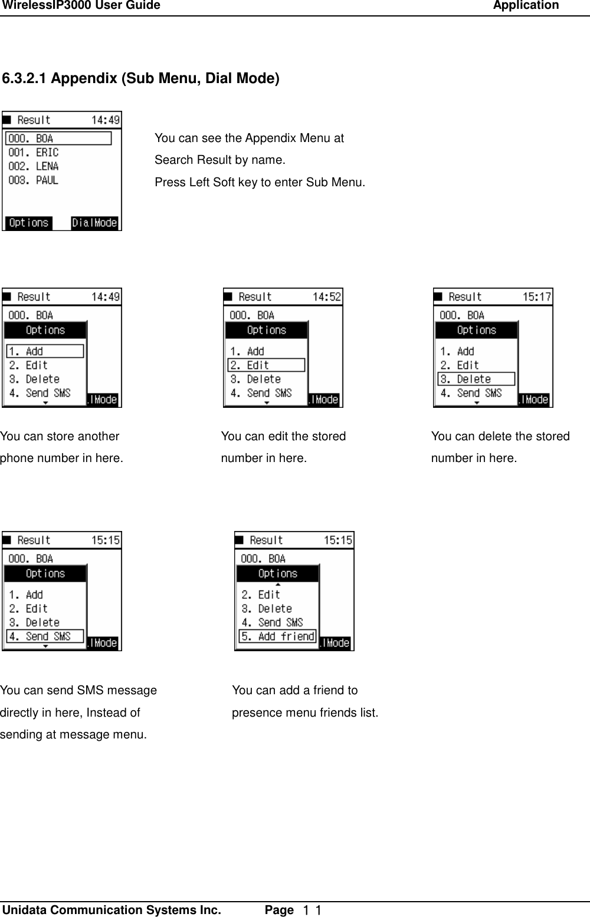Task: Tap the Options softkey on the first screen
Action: (x=28, y=223)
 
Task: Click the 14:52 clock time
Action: (x=326, y=297)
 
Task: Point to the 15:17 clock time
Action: (x=536, y=297)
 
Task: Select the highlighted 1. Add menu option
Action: (x=45, y=351)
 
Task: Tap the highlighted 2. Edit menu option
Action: (x=266, y=365)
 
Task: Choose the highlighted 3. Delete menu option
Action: (x=476, y=379)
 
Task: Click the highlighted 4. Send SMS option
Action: (x=45, y=636)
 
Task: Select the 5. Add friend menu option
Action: (x=277, y=636)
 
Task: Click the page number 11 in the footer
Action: (x=311, y=911)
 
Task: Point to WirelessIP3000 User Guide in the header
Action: (x=81, y=6)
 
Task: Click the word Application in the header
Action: (x=526, y=6)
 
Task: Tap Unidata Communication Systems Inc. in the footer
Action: (x=112, y=910)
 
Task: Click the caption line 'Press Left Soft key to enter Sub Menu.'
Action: (x=260, y=183)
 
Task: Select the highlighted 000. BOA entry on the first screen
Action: (x=58, y=138)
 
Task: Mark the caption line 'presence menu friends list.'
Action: (x=305, y=713)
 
